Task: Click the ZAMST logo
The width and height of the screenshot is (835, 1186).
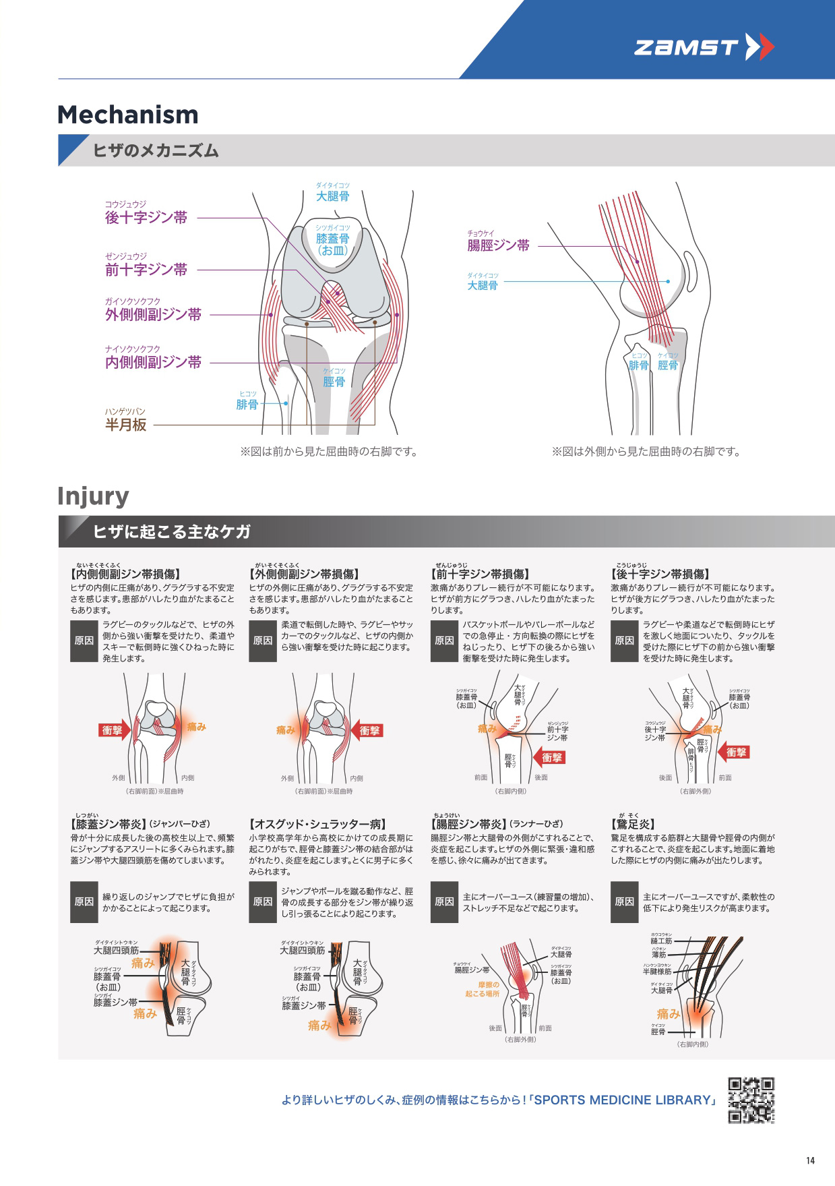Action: pos(704,47)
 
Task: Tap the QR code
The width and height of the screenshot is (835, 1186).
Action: pos(751,1100)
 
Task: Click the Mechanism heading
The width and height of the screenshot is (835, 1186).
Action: pos(128,115)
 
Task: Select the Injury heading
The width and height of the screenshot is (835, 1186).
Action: pos(93,496)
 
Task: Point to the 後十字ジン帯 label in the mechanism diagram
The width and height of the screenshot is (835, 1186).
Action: pos(146,217)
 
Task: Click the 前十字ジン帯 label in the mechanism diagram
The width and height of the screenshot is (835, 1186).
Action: pos(146,270)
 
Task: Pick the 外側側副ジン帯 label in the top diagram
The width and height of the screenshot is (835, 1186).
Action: pos(153,314)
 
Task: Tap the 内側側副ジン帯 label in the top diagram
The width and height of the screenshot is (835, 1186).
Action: pos(153,362)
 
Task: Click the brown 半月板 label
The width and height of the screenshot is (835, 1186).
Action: pos(126,425)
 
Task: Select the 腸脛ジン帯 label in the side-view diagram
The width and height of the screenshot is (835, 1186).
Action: pos(499,245)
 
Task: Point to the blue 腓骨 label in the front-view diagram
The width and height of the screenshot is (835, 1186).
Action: pos(247,405)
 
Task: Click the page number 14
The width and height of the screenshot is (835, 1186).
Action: pos(810,1160)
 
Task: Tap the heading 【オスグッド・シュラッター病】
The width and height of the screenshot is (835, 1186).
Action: pos(318,824)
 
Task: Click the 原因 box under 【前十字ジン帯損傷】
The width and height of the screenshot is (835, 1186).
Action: pos(444,641)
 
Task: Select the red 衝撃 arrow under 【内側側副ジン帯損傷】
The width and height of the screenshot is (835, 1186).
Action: pos(114,730)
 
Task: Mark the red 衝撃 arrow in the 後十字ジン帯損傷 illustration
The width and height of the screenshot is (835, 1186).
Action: pos(735,752)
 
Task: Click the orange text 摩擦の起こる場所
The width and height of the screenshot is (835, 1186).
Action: pos(483,989)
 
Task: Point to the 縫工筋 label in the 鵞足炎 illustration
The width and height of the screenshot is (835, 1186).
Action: pos(661,941)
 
